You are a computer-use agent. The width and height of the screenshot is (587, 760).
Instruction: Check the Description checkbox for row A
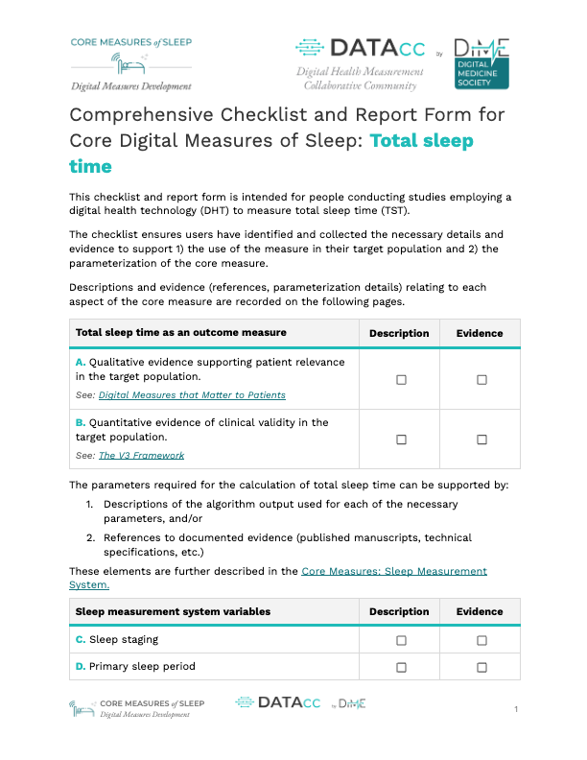coord(401,380)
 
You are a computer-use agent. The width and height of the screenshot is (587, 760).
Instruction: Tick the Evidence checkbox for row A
coord(481,380)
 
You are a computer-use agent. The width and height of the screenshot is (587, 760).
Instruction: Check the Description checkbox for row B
coord(401,439)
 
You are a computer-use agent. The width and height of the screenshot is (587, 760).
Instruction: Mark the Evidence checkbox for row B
coord(481,439)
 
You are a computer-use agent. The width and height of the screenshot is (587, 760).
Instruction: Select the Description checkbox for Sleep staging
coord(401,639)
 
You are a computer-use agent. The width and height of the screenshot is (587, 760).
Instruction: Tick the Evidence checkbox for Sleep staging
coord(481,639)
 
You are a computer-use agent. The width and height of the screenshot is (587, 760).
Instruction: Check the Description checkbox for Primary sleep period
coord(401,667)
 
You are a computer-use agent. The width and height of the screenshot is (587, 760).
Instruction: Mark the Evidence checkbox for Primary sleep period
coord(481,667)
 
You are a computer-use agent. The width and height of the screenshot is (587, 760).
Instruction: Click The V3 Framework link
coord(141,456)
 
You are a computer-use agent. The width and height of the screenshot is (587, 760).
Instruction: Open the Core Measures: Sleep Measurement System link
coord(394,571)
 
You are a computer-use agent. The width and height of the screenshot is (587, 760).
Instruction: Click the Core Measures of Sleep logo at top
coord(130,63)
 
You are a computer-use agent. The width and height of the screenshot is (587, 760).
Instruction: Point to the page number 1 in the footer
coord(516,709)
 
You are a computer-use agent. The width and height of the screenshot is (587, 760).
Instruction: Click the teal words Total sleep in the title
coord(422,140)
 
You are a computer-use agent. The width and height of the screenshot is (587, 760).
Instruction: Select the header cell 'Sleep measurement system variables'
coord(173,611)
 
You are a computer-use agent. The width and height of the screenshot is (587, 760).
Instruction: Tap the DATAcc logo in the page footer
coord(278,703)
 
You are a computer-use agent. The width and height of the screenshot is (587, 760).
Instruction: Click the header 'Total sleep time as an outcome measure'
coord(180,333)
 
